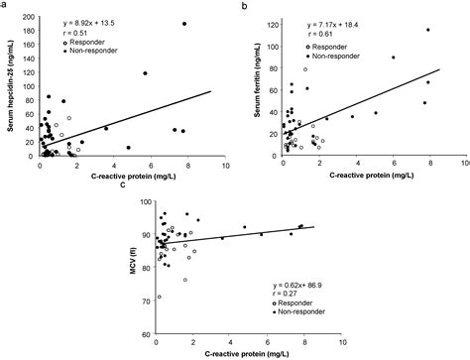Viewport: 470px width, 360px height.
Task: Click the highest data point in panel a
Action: (x=183, y=24)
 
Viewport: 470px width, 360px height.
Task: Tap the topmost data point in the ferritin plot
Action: (x=427, y=30)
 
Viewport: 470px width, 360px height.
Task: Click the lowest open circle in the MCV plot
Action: (x=159, y=297)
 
